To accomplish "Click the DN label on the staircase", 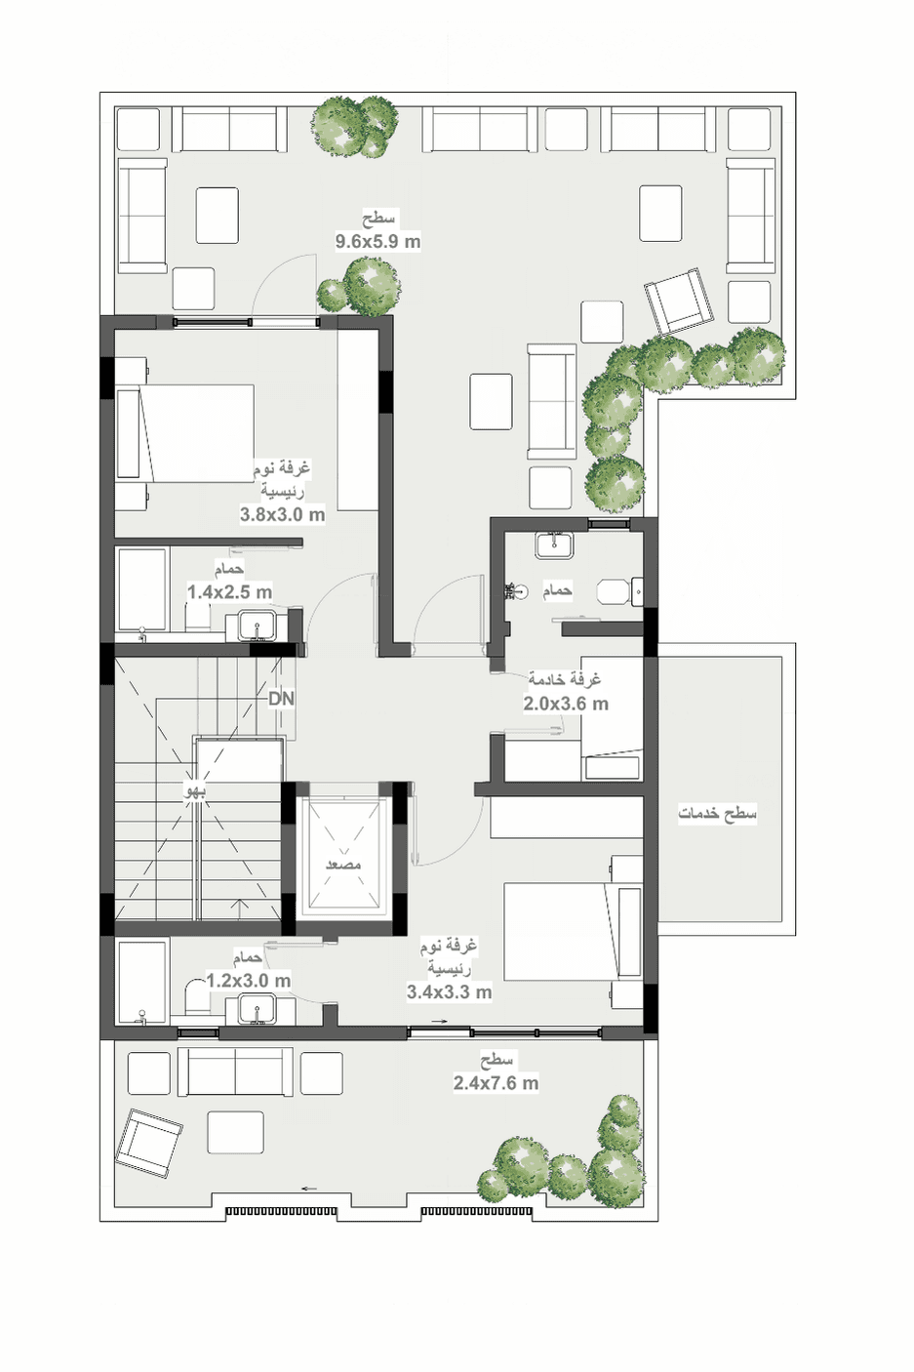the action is (x=282, y=699).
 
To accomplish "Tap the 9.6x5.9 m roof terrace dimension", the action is (x=378, y=241).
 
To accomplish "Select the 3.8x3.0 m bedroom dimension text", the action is (x=282, y=514).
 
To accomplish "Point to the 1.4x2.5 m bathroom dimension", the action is (x=229, y=592).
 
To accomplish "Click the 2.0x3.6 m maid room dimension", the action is (x=566, y=704).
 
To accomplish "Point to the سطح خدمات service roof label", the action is (x=717, y=814).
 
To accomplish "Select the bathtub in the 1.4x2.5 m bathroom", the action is (x=142, y=589).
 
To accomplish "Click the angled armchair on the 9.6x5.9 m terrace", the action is (x=679, y=302).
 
